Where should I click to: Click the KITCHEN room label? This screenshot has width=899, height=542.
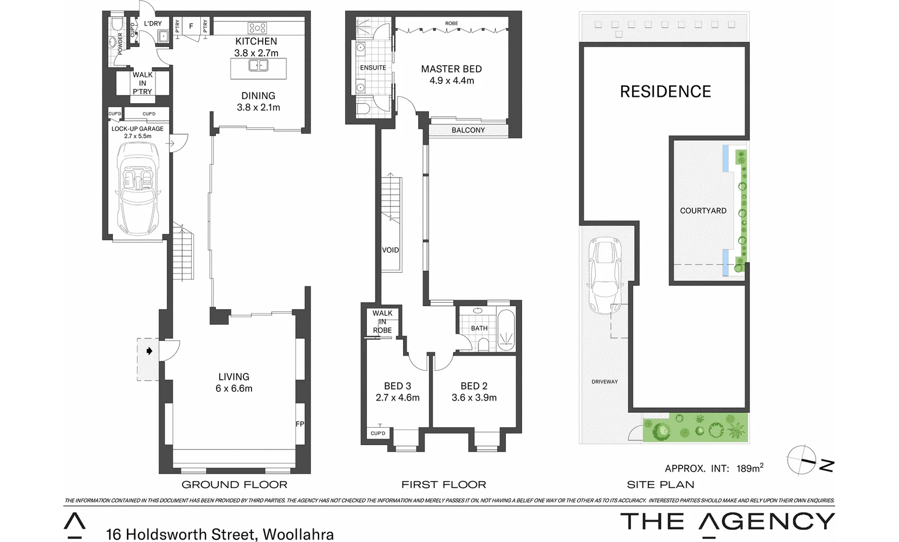tap(256, 41)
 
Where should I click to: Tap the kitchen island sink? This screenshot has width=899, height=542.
tap(259, 65)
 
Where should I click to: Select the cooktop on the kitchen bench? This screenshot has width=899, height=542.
tap(257, 28)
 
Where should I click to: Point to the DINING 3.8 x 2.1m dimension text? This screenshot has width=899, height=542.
tap(259, 107)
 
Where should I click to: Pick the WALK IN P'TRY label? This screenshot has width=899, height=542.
tap(143, 83)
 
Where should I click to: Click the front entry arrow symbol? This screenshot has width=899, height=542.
tap(149, 351)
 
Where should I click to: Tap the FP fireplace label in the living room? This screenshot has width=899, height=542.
tap(300, 424)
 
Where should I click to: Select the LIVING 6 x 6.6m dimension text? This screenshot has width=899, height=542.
tap(234, 388)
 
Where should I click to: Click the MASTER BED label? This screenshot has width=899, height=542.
tap(451, 69)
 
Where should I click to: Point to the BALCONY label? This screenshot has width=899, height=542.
tap(468, 130)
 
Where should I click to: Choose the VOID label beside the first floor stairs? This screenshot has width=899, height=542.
tap(391, 250)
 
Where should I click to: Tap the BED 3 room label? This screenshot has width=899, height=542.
tap(397, 386)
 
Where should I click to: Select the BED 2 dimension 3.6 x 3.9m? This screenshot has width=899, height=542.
tap(474, 398)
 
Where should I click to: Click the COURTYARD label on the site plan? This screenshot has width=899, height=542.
tap(703, 211)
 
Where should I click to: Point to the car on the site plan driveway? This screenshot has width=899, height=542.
tap(606, 274)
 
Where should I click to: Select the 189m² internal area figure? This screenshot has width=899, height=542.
tap(750, 468)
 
